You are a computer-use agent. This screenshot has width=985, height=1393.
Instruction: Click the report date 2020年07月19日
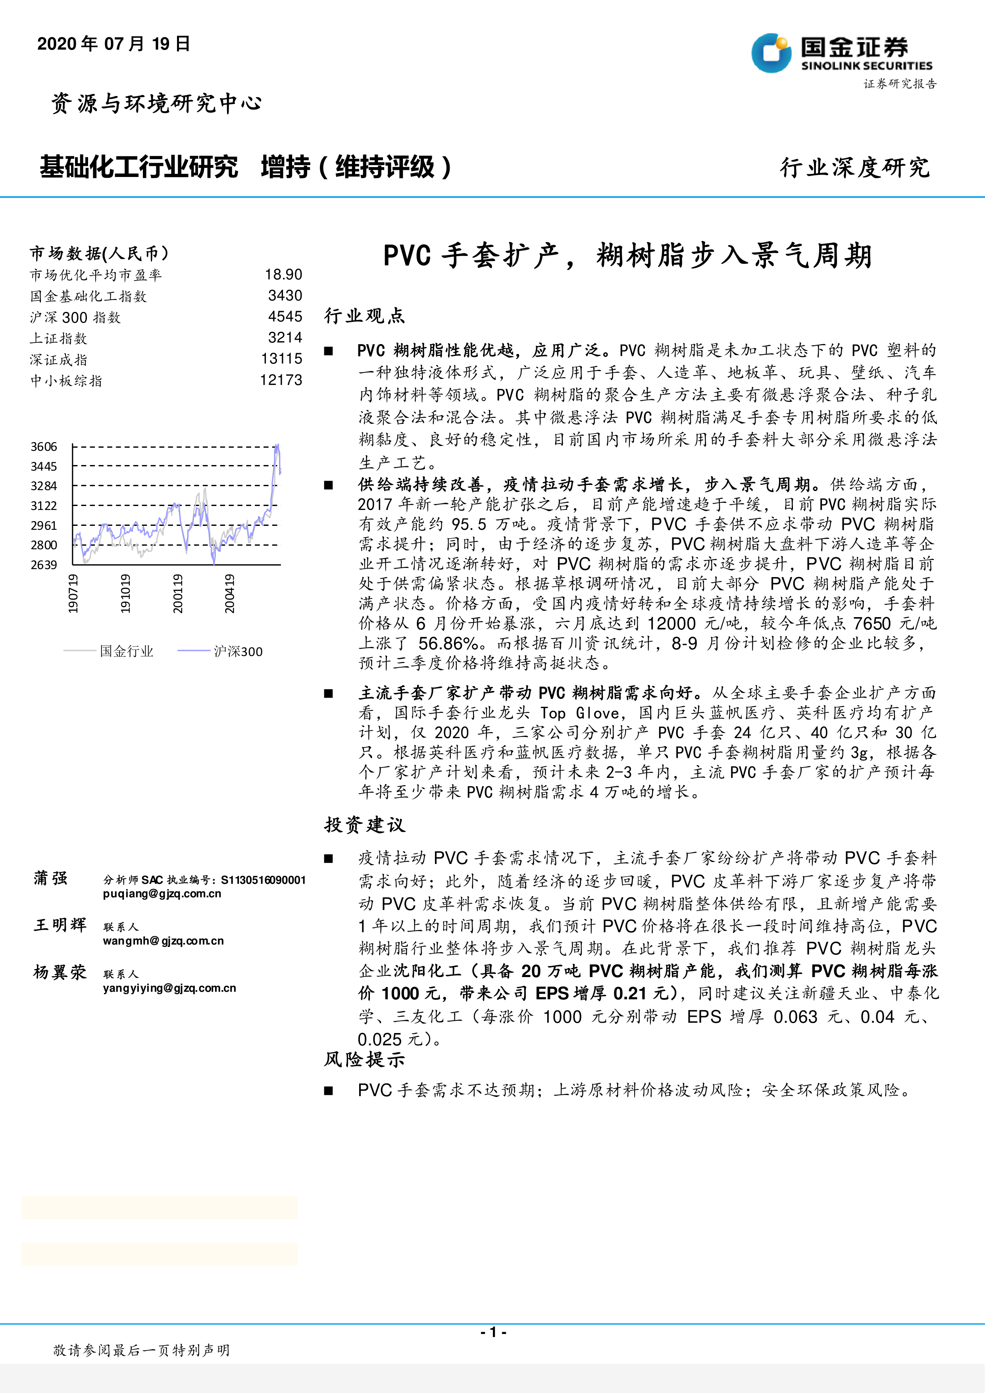click(x=114, y=44)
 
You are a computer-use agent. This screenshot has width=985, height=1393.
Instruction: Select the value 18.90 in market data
click(x=283, y=275)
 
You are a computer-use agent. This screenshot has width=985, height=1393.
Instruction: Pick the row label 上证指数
click(x=59, y=339)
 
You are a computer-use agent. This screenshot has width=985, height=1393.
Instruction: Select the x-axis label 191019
click(x=125, y=593)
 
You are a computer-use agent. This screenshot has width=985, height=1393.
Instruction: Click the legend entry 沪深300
click(x=238, y=652)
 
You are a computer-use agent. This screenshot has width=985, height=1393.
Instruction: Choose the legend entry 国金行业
click(x=126, y=652)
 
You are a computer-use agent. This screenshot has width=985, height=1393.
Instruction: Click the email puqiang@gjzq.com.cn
click(x=162, y=894)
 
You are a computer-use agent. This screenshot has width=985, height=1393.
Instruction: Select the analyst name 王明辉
click(x=60, y=925)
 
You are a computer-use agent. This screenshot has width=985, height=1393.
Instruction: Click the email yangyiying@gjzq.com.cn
click(x=169, y=988)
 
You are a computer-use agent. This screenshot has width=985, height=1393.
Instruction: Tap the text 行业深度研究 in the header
click(x=854, y=168)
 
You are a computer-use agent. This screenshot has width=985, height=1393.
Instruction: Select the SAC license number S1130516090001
click(x=263, y=880)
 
